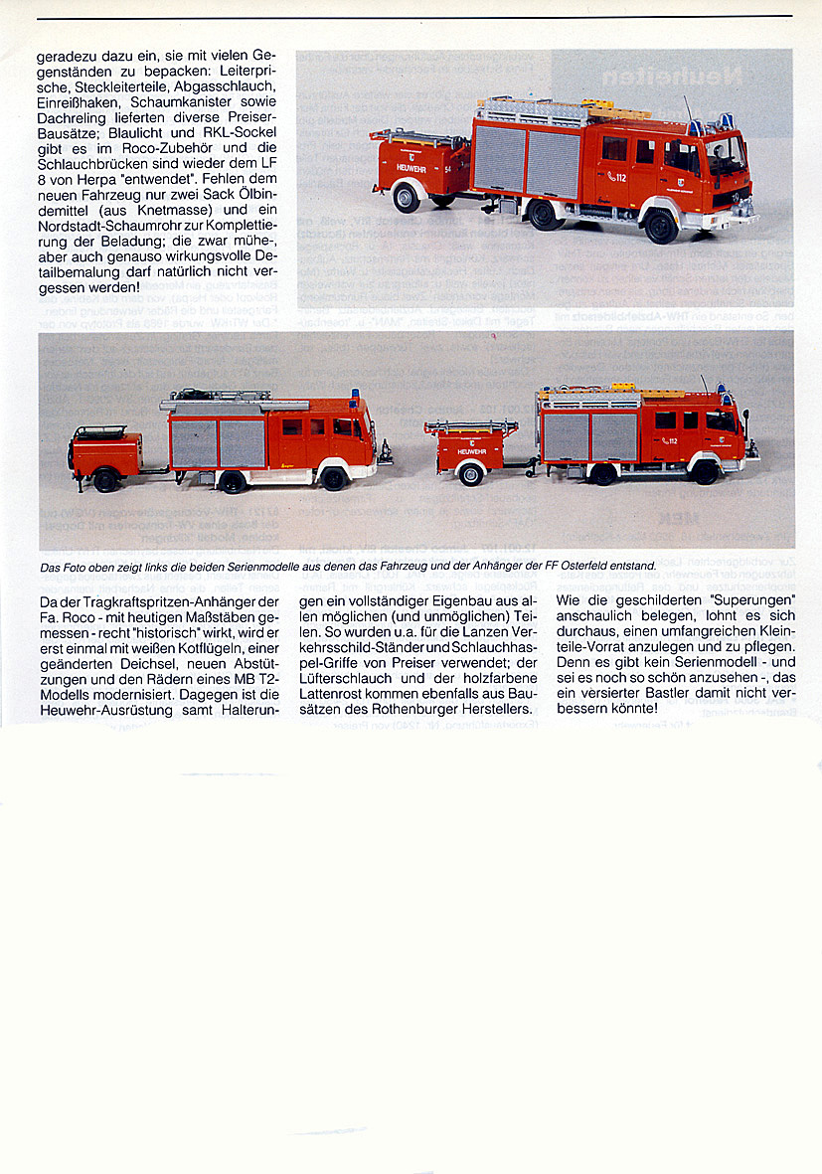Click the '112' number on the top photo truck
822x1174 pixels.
[x=618, y=176]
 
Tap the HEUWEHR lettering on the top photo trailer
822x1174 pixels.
[x=412, y=168]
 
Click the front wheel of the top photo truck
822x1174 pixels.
[x=660, y=226]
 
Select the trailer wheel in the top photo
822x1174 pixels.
[x=406, y=197]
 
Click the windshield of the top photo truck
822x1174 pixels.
[x=725, y=156]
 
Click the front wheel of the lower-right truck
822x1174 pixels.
[x=705, y=470]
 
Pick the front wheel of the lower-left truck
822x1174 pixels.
[x=333, y=478]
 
